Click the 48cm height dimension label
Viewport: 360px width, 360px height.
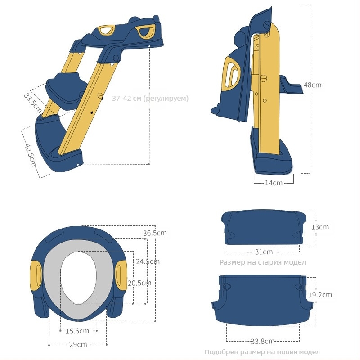[312, 85]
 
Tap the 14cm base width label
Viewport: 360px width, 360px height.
[274, 183]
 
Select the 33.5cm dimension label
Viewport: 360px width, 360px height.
[33, 103]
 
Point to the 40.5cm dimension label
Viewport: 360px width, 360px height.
[31, 155]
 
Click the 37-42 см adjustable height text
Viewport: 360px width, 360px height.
[150, 99]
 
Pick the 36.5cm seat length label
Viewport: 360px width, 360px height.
[155, 233]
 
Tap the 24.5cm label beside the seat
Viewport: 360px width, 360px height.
[148, 261]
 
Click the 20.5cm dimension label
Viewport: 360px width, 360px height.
[139, 283]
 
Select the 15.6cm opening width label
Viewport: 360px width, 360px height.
[77, 331]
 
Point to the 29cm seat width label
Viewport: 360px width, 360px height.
[78, 345]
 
